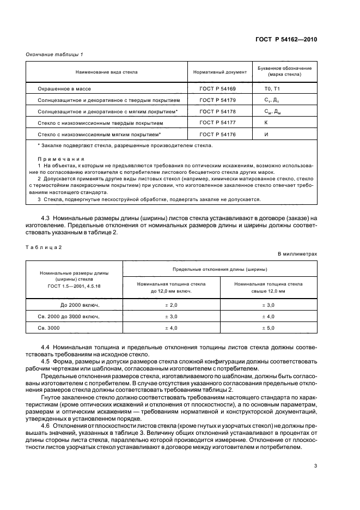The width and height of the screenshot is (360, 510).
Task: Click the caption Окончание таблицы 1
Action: tap(54, 55)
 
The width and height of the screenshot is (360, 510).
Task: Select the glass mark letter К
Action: tap(265, 123)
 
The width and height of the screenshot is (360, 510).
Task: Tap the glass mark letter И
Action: tap(266, 134)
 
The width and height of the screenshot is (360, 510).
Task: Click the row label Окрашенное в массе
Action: tap(60, 88)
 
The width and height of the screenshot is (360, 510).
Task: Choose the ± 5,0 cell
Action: tap(268, 328)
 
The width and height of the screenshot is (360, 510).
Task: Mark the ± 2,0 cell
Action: tap(172, 305)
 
